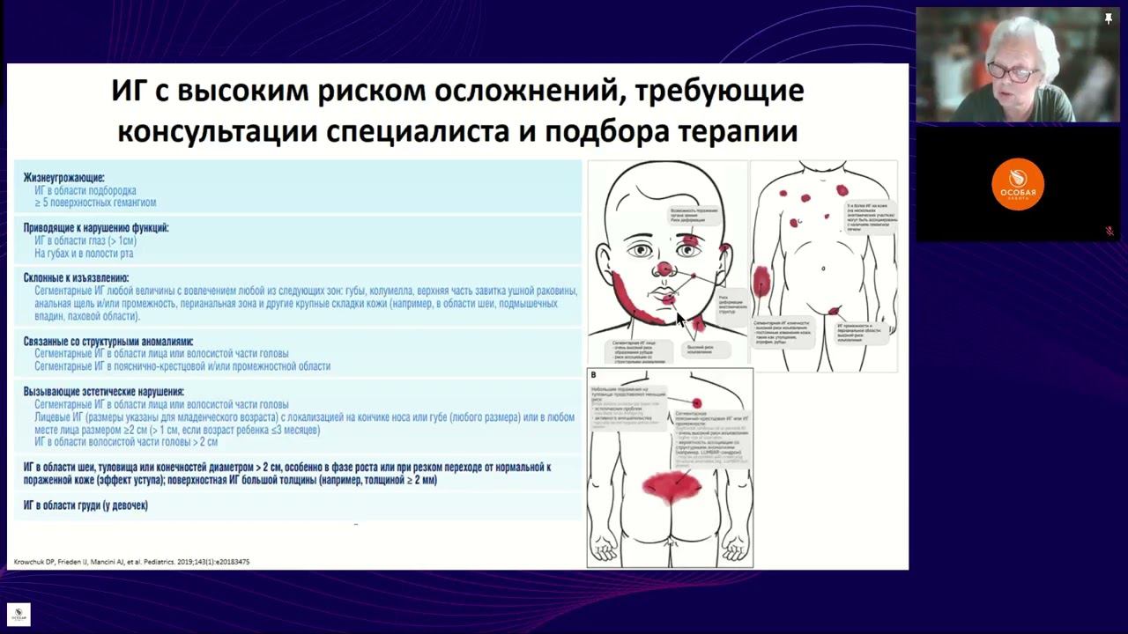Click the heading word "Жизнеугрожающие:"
[63, 177]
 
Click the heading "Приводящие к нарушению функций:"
[95, 227]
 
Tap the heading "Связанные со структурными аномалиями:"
[108, 341]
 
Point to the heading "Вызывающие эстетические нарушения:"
[103, 392]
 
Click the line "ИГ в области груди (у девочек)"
[85, 505]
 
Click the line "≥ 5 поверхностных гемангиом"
[95, 203]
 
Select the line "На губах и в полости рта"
[84, 254]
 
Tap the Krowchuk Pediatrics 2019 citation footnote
[131, 562]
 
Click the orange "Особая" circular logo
[1018, 184]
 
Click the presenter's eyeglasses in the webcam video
[1013, 73]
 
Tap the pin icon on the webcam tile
[1109, 18]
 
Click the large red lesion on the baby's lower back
[672, 487]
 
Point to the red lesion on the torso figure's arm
[762, 281]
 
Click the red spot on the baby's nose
[664, 268]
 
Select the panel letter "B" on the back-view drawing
[594, 375]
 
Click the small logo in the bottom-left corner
[19, 615]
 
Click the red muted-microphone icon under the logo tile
[1109, 232]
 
